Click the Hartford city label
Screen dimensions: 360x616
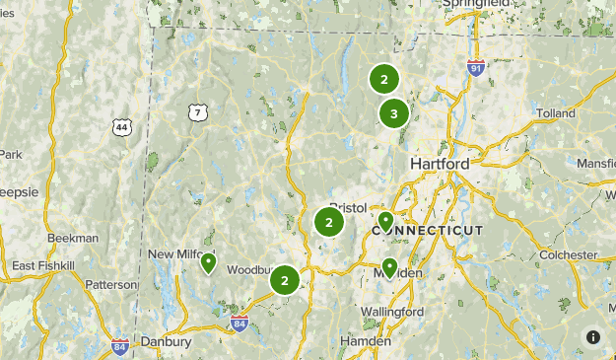click(x=442, y=163)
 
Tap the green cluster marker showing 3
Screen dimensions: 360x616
click(x=394, y=113)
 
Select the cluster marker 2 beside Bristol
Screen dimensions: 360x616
click(x=329, y=222)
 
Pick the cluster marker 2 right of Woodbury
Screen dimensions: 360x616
click(x=285, y=281)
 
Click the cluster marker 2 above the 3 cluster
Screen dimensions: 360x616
click(x=383, y=79)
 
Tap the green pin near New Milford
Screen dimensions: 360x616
click(x=209, y=263)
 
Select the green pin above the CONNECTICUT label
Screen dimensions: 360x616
click(x=385, y=221)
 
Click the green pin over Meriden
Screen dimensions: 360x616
click(x=389, y=267)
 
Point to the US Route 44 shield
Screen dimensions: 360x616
click(x=122, y=128)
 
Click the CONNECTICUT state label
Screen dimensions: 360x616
click(x=428, y=230)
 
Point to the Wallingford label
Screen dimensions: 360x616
click(x=392, y=312)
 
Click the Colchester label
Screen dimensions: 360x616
click(x=568, y=254)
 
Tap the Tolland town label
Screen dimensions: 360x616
click(x=556, y=113)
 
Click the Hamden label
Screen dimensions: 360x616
click(x=365, y=341)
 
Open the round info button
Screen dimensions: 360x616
click(x=593, y=336)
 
